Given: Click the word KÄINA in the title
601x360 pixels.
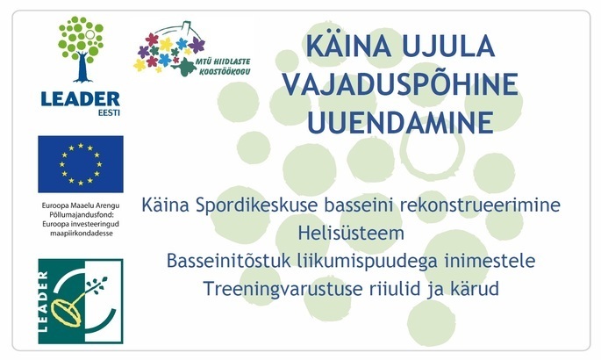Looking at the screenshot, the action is [349, 45].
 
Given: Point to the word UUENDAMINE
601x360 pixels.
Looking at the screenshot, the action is [400, 122].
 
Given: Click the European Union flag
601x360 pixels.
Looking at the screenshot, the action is [81, 164].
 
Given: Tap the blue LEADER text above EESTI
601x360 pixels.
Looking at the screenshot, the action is [81, 99].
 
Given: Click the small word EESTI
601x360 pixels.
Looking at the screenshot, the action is [109, 112].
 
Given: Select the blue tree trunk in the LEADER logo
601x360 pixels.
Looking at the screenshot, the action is [82, 67].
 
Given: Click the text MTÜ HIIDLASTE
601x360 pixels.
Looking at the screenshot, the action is [223, 61].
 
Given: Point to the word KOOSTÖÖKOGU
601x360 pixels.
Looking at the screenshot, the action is [225, 71].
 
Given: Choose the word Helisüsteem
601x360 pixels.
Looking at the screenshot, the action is [351, 233].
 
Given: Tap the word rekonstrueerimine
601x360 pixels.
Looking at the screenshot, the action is [480, 205].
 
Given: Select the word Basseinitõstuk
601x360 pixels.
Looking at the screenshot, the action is [229, 261].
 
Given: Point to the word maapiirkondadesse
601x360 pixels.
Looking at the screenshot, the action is [82, 233].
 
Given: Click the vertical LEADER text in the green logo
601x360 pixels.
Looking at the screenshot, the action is [43, 301].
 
